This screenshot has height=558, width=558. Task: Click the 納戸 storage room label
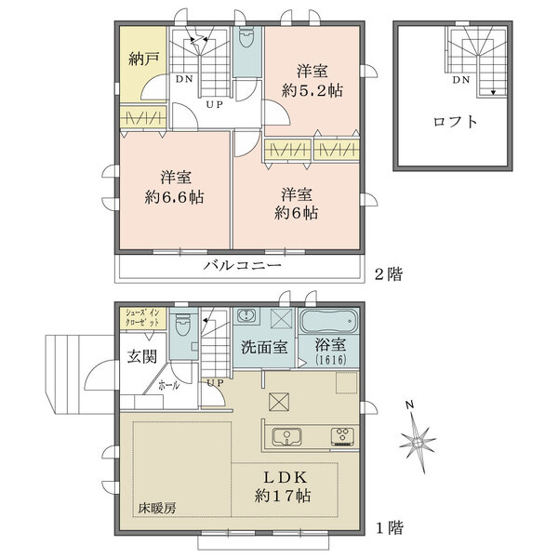click(143, 59)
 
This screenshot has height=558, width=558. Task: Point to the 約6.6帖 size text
click(175, 197)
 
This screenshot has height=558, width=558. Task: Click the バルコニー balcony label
click(243, 266)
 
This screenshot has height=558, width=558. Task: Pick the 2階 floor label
click(390, 275)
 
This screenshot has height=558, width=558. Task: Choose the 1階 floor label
click(390, 527)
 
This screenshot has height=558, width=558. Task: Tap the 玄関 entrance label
click(142, 357)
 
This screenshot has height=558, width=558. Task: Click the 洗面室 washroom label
click(263, 347)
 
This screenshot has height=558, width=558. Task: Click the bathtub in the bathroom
click(330, 322)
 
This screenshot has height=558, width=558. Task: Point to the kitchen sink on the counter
click(285, 436)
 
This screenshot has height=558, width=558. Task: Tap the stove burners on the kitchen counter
click(339, 436)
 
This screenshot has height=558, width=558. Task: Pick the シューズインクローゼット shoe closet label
click(148, 316)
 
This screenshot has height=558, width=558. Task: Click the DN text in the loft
click(460, 81)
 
